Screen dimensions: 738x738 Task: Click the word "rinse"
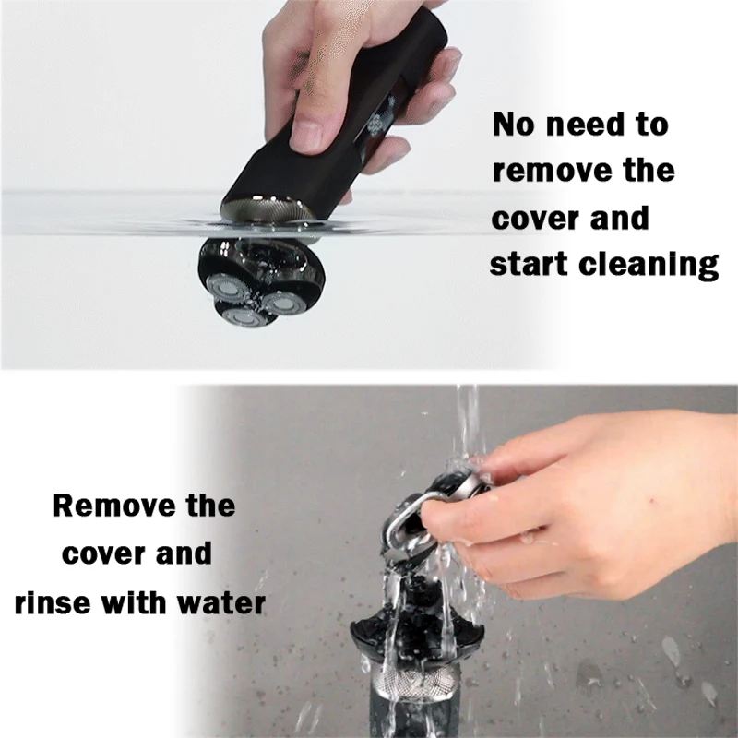point(53,603)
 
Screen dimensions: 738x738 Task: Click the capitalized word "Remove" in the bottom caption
point(113,506)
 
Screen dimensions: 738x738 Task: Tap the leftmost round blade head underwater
point(226,288)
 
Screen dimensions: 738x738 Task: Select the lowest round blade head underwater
point(244,316)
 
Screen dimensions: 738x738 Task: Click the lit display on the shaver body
point(382,119)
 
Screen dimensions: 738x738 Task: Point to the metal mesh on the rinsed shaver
point(415,684)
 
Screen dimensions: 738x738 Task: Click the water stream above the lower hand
point(468,423)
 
